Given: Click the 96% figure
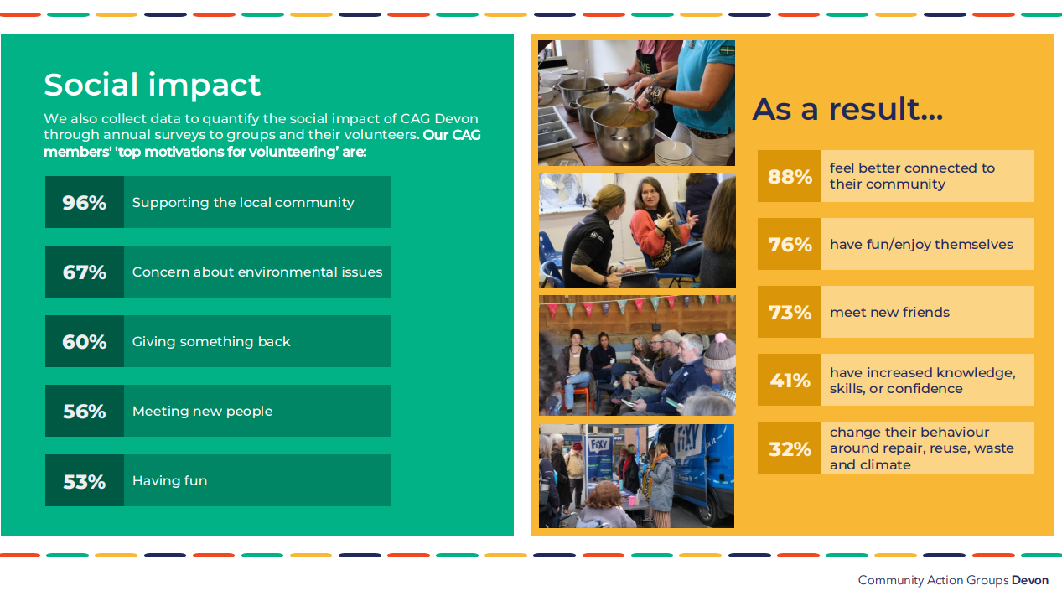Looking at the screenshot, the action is (85, 203).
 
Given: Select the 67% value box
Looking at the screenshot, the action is (85, 272).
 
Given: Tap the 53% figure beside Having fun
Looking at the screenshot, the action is (85, 482).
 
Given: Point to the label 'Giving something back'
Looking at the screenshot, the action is (211, 341).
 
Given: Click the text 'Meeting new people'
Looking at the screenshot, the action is (203, 411).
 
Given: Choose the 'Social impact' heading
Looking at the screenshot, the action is (153, 86).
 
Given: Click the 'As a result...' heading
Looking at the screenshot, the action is (847, 109).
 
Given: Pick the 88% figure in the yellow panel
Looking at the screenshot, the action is (790, 177).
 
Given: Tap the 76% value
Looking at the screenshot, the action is (790, 245).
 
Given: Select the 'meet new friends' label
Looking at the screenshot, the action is (889, 312).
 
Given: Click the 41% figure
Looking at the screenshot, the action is (790, 381).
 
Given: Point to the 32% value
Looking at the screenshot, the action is (790, 449).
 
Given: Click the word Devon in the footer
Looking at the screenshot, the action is (1030, 580).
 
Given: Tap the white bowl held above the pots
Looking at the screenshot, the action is (616, 77).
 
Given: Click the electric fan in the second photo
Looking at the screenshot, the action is (562, 189).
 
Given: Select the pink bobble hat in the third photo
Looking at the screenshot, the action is (720, 352).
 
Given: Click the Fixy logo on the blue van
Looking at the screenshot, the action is (687, 442).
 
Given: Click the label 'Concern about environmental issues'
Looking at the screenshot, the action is (257, 272).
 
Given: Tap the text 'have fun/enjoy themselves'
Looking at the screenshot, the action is (921, 244).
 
